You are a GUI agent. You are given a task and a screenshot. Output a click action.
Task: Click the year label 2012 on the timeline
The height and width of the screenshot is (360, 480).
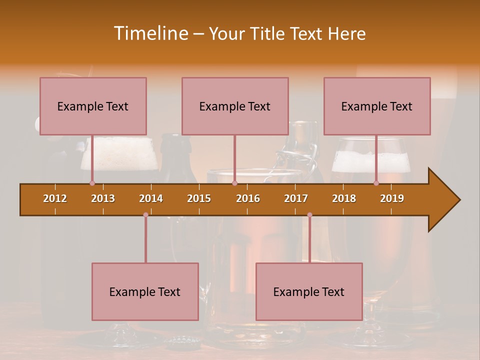pos(55,198)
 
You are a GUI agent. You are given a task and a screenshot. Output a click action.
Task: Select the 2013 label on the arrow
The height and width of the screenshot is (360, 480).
pos(103,198)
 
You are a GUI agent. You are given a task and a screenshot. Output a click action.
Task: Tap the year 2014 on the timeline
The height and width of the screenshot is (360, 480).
pos(151,198)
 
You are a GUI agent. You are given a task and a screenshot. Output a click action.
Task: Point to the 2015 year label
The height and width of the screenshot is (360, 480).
pos(199,198)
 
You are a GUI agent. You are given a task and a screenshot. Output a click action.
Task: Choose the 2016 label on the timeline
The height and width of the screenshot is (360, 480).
pos(248,198)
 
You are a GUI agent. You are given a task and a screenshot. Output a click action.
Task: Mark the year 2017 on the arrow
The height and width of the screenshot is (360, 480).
pos(296,198)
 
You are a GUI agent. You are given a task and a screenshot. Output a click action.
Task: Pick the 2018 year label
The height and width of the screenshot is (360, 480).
pos(344,198)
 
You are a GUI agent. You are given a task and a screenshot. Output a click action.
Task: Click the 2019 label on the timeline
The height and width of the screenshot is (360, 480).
pos(392,198)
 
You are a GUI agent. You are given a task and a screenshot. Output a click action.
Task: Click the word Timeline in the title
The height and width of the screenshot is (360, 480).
pos(150,33)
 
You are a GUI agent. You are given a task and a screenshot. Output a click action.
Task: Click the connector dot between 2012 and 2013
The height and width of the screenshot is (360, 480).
pos(92,183)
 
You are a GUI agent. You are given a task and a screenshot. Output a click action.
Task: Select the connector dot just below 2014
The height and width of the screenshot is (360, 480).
pos(145,215)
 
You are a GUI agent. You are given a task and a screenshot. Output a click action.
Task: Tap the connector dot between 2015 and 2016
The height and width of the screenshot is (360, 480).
pos(234,183)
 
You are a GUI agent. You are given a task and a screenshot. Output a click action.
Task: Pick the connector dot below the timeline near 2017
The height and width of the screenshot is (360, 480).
pos(309,215)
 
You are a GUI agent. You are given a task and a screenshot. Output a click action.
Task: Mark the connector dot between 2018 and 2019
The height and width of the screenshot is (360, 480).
pos(376,183)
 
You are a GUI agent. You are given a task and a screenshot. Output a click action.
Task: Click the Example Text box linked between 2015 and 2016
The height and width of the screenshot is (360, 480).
pos(235,106)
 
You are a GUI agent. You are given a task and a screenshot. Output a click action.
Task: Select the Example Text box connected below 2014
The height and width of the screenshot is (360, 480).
pos(145,291)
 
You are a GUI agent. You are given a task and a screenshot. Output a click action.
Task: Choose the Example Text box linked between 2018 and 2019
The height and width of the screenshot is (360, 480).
pos(377,106)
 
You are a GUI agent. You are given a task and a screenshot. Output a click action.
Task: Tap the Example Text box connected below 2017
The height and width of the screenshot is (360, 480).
pos(309,291)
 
